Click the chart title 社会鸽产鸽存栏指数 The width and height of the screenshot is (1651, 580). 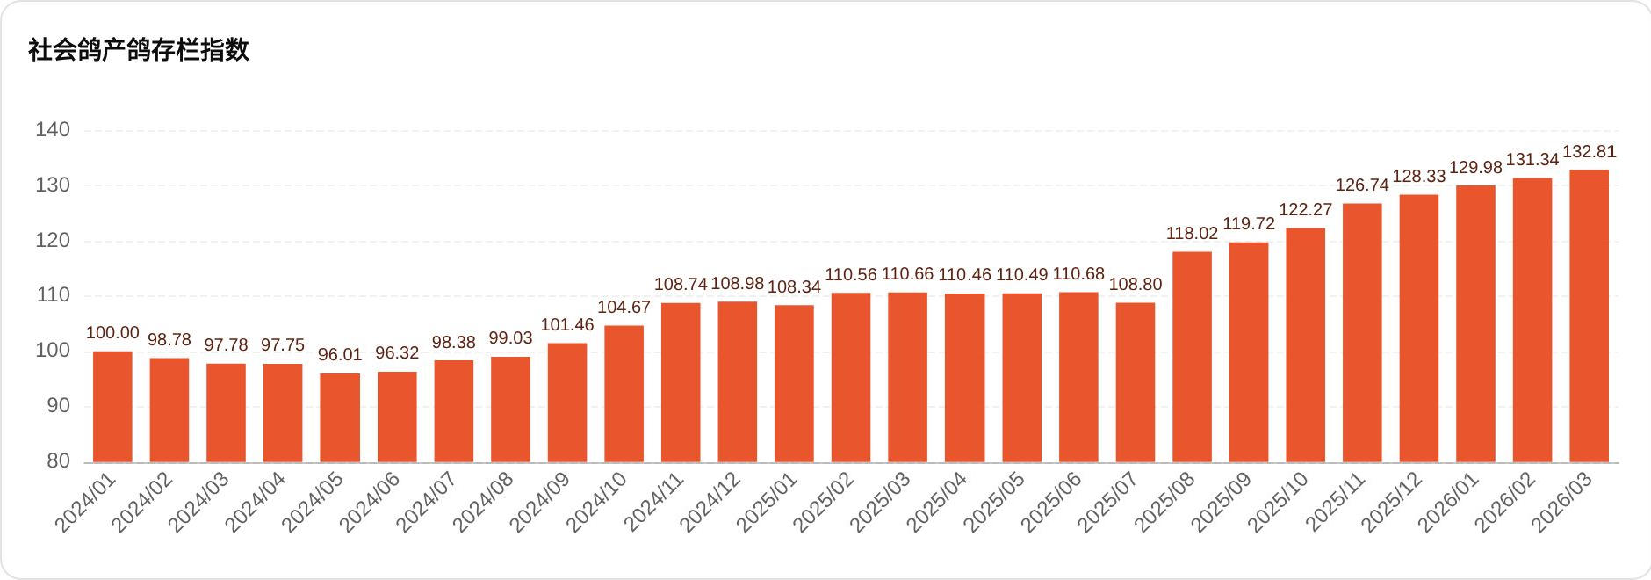pos(139,50)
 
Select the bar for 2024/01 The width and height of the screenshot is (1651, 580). pos(112,407)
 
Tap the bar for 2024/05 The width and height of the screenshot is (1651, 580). pos(340,417)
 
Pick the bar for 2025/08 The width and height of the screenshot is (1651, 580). pos(1192,357)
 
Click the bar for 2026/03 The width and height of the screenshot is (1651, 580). pos(1589,316)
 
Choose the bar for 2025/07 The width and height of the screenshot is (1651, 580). pos(1136,382)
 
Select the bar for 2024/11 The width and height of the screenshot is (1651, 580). pos(681,382)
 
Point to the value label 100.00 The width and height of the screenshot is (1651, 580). pos(112,333)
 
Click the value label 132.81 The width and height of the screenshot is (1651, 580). pos(1590,152)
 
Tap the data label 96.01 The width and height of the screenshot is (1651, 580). pos(340,355)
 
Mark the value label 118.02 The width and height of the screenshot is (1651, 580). pos(1192,234)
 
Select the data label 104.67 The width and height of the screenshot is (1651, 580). pos(624,308)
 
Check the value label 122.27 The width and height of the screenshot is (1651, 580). pos(1305,210)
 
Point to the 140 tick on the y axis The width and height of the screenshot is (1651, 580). pos(53,130)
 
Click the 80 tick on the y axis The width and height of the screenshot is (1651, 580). pos(58,461)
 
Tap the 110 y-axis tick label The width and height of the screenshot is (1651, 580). pos(53,295)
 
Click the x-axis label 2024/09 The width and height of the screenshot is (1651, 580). pos(540,503)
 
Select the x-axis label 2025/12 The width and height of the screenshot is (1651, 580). pos(1392,503)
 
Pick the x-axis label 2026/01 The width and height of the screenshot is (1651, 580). pos(1449,503)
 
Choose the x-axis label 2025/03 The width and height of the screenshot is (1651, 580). pos(881,503)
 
